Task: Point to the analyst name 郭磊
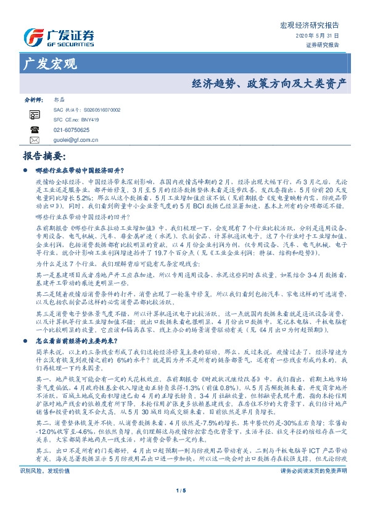59,99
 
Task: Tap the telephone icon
35,129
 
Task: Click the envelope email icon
35,140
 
